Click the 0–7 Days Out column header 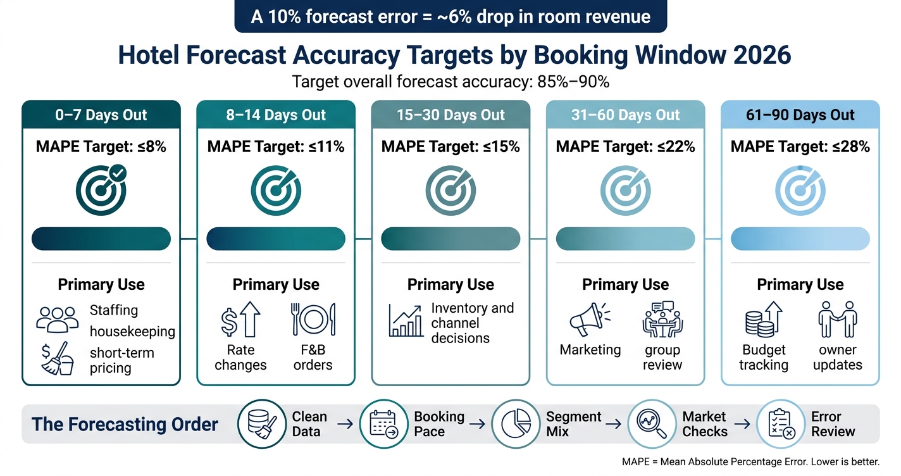pyautogui.click(x=101, y=115)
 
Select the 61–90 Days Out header pyautogui.click(x=800, y=115)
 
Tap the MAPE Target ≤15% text pyautogui.click(x=450, y=146)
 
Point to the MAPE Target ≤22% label pyautogui.click(x=625, y=146)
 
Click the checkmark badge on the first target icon pyautogui.click(x=118, y=173)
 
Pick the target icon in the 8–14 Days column pyautogui.click(x=276, y=191)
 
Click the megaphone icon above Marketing pyautogui.click(x=590, y=319)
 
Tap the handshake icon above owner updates pyautogui.click(x=838, y=319)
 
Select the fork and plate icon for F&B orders pyautogui.click(x=313, y=319)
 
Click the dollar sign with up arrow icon pyautogui.click(x=240, y=319)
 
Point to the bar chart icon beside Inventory pyautogui.click(x=406, y=321)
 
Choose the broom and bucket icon pyautogui.click(x=58, y=358)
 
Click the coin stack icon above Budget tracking pyautogui.click(x=764, y=319)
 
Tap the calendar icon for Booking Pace pyautogui.click(x=383, y=423)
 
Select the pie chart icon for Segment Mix pyautogui.click(x=516, y=423)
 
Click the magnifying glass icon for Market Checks pyautogui.click(x=652, y=423)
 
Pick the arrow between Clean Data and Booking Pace pyautogui.click(x=345, y=423)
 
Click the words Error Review pyautogui.click(x=833, y=423)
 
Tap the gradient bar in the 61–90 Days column pyautogui.click(x=800, y=239)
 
